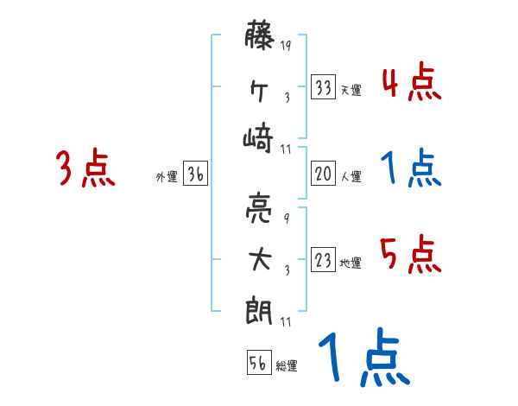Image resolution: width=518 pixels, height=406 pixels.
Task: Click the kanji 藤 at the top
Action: [x=259, y=39]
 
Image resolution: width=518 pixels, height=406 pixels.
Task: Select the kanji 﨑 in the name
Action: [x=259, y=138]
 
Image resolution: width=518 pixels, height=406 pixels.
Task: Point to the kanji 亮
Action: [x=259, y=208]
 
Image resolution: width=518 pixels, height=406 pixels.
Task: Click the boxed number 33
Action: [x=324, y=87]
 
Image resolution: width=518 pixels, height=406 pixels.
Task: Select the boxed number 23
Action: [x=324, y=260]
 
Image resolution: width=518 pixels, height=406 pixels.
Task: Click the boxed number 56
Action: [x=257, y=363]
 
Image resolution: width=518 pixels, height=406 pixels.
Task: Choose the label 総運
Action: [x=286, y=366]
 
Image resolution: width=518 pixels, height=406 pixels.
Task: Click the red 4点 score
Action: [x=411, y=84]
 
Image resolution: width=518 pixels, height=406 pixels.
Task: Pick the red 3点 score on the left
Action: [x=85, y=168]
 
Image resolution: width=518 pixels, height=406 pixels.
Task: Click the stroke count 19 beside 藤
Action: [x=286, y=46]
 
